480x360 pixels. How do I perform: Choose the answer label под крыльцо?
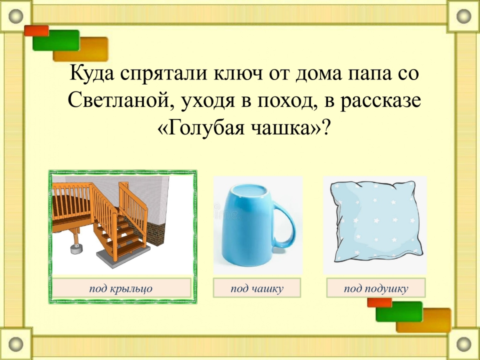[121, 288]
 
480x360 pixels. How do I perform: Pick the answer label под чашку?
[257, 288]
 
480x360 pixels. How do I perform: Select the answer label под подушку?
[376, 288]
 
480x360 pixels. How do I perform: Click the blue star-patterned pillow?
[376, 220]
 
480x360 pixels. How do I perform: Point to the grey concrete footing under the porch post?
[75, 249]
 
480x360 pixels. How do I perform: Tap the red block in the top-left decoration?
[36, 30]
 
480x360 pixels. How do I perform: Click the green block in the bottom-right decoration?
[399, 311]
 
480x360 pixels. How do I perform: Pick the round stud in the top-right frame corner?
[464, 16]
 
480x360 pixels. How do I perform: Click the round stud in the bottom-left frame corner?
[15, 344]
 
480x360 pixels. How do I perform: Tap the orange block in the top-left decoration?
[80, 49]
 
